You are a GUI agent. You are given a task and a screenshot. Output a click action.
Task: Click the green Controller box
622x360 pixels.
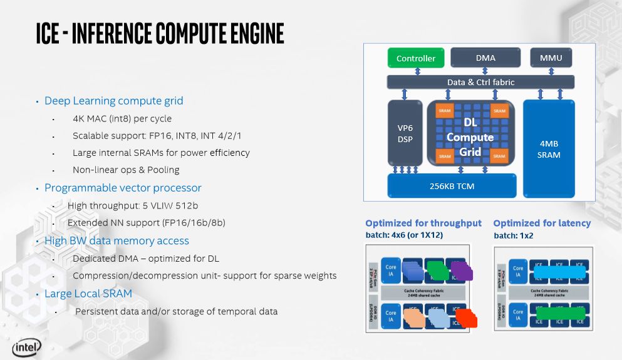pyautogui.click(x=416, y=58)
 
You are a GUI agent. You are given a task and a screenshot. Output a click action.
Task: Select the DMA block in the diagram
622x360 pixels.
pyautogui.click(x=485, y=58)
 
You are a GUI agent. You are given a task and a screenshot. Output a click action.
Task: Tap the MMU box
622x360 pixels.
pyautogui.click(x=551, y=58)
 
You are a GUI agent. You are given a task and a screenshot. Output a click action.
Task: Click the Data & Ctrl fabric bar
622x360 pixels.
pyautogui.click(x=480, y=82)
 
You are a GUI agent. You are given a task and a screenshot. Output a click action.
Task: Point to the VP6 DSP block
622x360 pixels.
pyautogui.click(x=405, y=134)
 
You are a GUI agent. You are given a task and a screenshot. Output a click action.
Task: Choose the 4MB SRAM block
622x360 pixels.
pyautogui.click(x=549, y=149)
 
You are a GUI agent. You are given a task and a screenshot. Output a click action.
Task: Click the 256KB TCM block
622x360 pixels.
pyautogui.click(x=452, y=185)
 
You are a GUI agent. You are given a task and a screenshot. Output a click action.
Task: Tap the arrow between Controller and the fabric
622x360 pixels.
pyautogui.click(x=416, y=70)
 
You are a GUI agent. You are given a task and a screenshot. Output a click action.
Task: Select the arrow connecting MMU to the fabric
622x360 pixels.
pyautogui.click(x=551, y=70)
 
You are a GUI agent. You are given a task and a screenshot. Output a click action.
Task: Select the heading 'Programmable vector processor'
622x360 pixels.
pyautogui.click(x=123, y=188)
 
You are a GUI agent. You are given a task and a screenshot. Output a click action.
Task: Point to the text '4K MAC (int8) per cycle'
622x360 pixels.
pyautogui.click(x=122, y=118)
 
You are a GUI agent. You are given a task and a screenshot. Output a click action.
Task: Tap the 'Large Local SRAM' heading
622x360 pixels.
pyautogui.click(x=88, y=294)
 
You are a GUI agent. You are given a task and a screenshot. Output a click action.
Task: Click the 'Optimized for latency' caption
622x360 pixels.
pyautogui.click(x=542, y=223)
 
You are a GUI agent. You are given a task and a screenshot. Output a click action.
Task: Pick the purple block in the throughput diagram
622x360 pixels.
pyautogui.click(x=463, y=270)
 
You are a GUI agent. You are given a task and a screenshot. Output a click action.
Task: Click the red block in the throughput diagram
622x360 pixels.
pyautogui.click(x=467, y=318)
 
